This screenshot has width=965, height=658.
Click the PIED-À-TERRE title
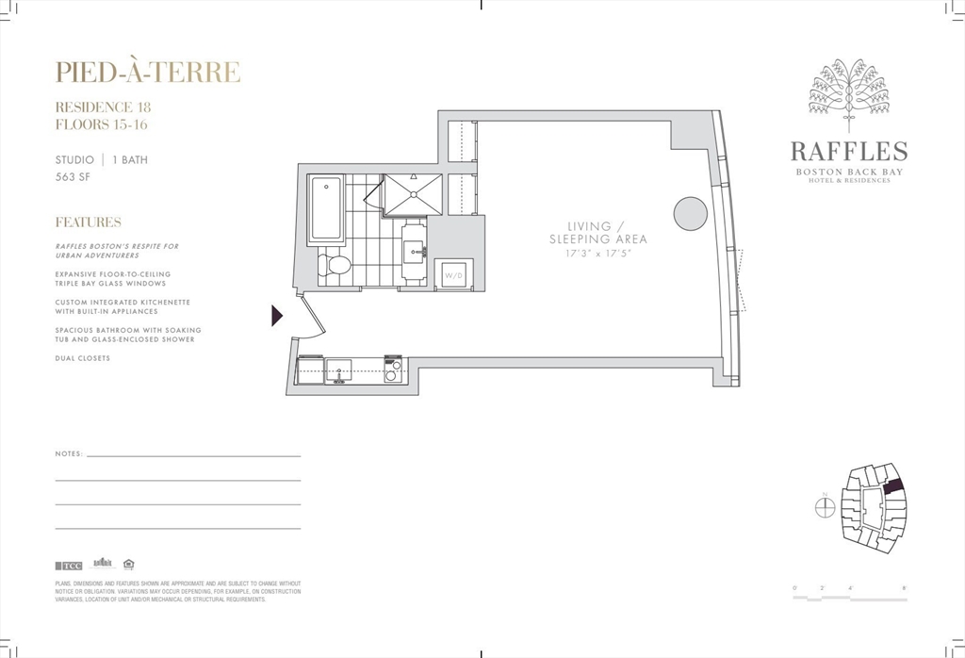(147, 73)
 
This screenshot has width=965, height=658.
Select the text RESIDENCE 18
(103, 107)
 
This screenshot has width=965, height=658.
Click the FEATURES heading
(88, 222)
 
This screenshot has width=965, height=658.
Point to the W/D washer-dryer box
(453, 274)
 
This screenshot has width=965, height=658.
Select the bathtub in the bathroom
(326, 207)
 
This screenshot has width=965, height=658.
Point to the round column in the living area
(690, 213)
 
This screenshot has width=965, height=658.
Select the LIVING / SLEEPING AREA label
(598, 233)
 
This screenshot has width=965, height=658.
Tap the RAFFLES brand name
(849, 152)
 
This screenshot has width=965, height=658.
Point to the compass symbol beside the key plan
(825, 507)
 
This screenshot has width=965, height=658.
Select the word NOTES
(69, 454)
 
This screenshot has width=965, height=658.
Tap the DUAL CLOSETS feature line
(83, 358)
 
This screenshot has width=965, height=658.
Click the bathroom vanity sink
(415, 251)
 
